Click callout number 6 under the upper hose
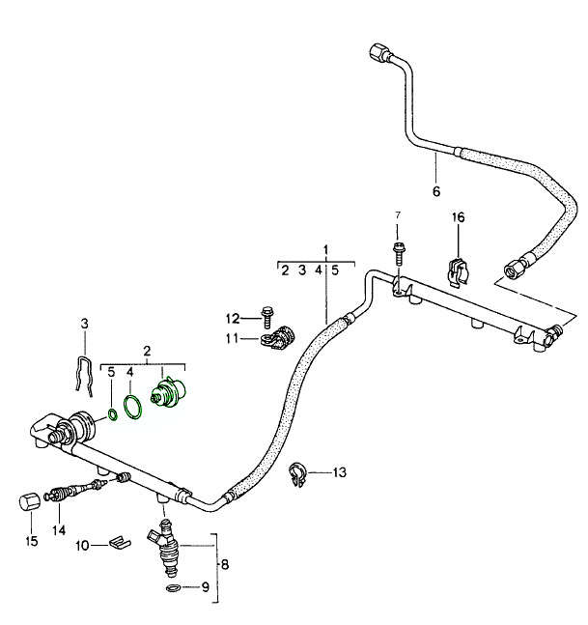(x=435, y=189)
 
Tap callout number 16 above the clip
(x=459, y=218)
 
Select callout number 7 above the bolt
(x=396, y=213)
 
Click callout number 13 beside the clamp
(x=339, y=472)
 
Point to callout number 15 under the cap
(x=31, y=541)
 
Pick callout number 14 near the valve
(x=59, y=528)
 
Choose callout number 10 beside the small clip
(x=82, y=545)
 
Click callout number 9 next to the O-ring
(x=204, y=587)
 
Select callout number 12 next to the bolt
(x=233, y=319)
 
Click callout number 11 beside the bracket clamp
(x=233, y=338)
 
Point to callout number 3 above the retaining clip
(x=84, y=322)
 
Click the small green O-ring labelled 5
(x=112, y=416)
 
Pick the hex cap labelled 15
(x=28, y=503)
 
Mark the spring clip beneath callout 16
(x=457, y=270)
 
